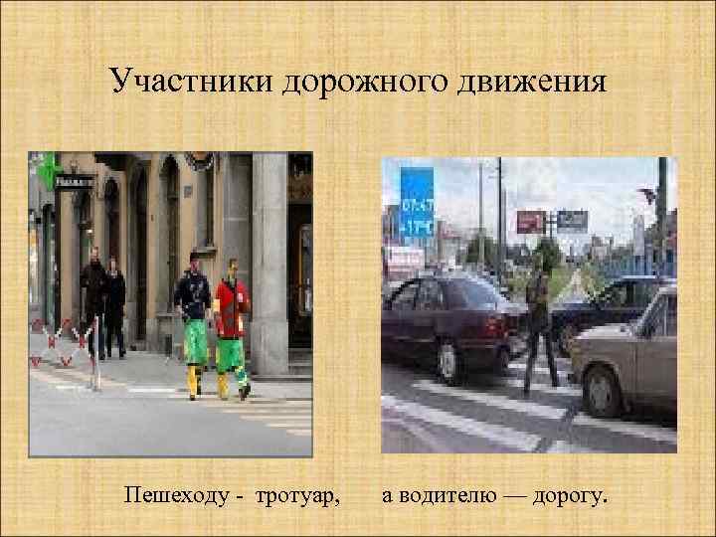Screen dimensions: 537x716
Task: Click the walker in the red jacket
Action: point(232,318)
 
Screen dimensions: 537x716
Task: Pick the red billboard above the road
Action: point(531,221)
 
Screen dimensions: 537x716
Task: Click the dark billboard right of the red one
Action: point(572,220)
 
